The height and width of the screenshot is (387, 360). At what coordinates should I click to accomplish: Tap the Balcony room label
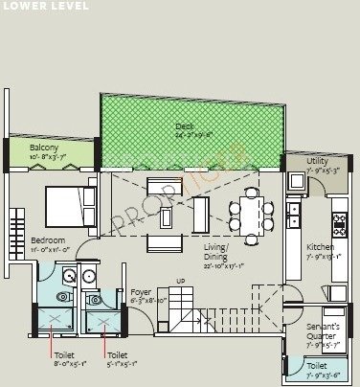[44, 148]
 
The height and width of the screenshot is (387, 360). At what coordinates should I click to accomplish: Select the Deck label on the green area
[185, 126]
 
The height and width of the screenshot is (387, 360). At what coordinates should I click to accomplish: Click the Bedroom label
[47, 239]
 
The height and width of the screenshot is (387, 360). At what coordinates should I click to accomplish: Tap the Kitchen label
[319, 247]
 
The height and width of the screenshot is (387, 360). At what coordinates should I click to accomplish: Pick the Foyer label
[142, 291]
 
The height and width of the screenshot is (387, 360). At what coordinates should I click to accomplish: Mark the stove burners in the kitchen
[339, 225]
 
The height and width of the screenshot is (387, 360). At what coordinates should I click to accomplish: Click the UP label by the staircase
[182, 281]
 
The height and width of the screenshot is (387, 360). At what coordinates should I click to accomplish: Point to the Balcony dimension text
[44, 156]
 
